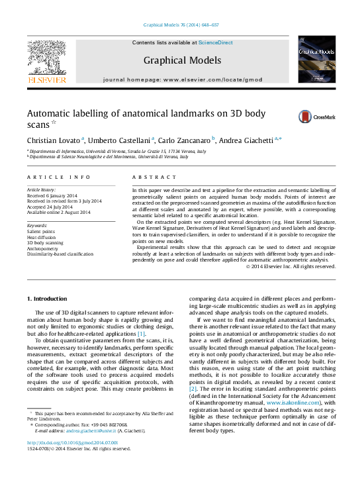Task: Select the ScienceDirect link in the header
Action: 216,42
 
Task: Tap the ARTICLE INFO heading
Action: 59,177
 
